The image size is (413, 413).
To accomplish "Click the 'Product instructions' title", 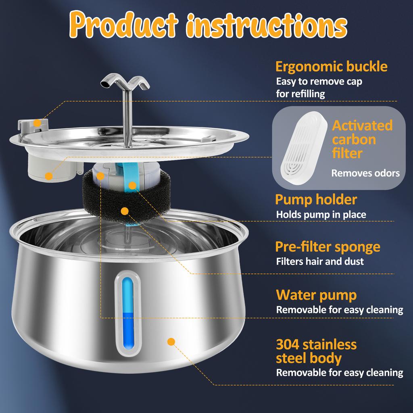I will pyautogui.click(x=206, y=25).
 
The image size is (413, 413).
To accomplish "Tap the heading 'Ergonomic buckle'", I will pyautogui.click(x=331, y=66).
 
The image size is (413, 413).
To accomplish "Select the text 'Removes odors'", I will pyautogui.click(x=365, y=173).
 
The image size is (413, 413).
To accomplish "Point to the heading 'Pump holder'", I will pyautogui.click(x=316, y=199).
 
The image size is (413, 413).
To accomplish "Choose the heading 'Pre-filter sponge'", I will pyautogui.click(x=327, y=246).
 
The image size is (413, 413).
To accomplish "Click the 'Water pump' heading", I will pyautogui.click(x=316, y=295).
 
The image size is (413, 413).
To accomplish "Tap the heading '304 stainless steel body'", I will pyautogui.click(x=316, y=351).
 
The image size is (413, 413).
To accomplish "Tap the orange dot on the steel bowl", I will pyautogui.click(x=171, y=342).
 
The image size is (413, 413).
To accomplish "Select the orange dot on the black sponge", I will pyautogui.click(x=125, y=211).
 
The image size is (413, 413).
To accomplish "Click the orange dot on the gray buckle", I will pyautogui.click(x=37, y=122).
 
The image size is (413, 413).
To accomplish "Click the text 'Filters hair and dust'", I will pyautogui.click(x=320, y=261).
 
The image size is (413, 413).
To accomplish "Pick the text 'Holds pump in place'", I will pyautogui.click(x=321, y=215).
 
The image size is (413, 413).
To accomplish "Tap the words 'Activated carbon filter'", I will pyautogui.click(x=362, y=139).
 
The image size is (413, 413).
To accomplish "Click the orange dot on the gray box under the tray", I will pyautogui.click(x=49, y=176).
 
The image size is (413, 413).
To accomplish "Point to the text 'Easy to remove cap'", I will pyautogui.click(x=319, y=81).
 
